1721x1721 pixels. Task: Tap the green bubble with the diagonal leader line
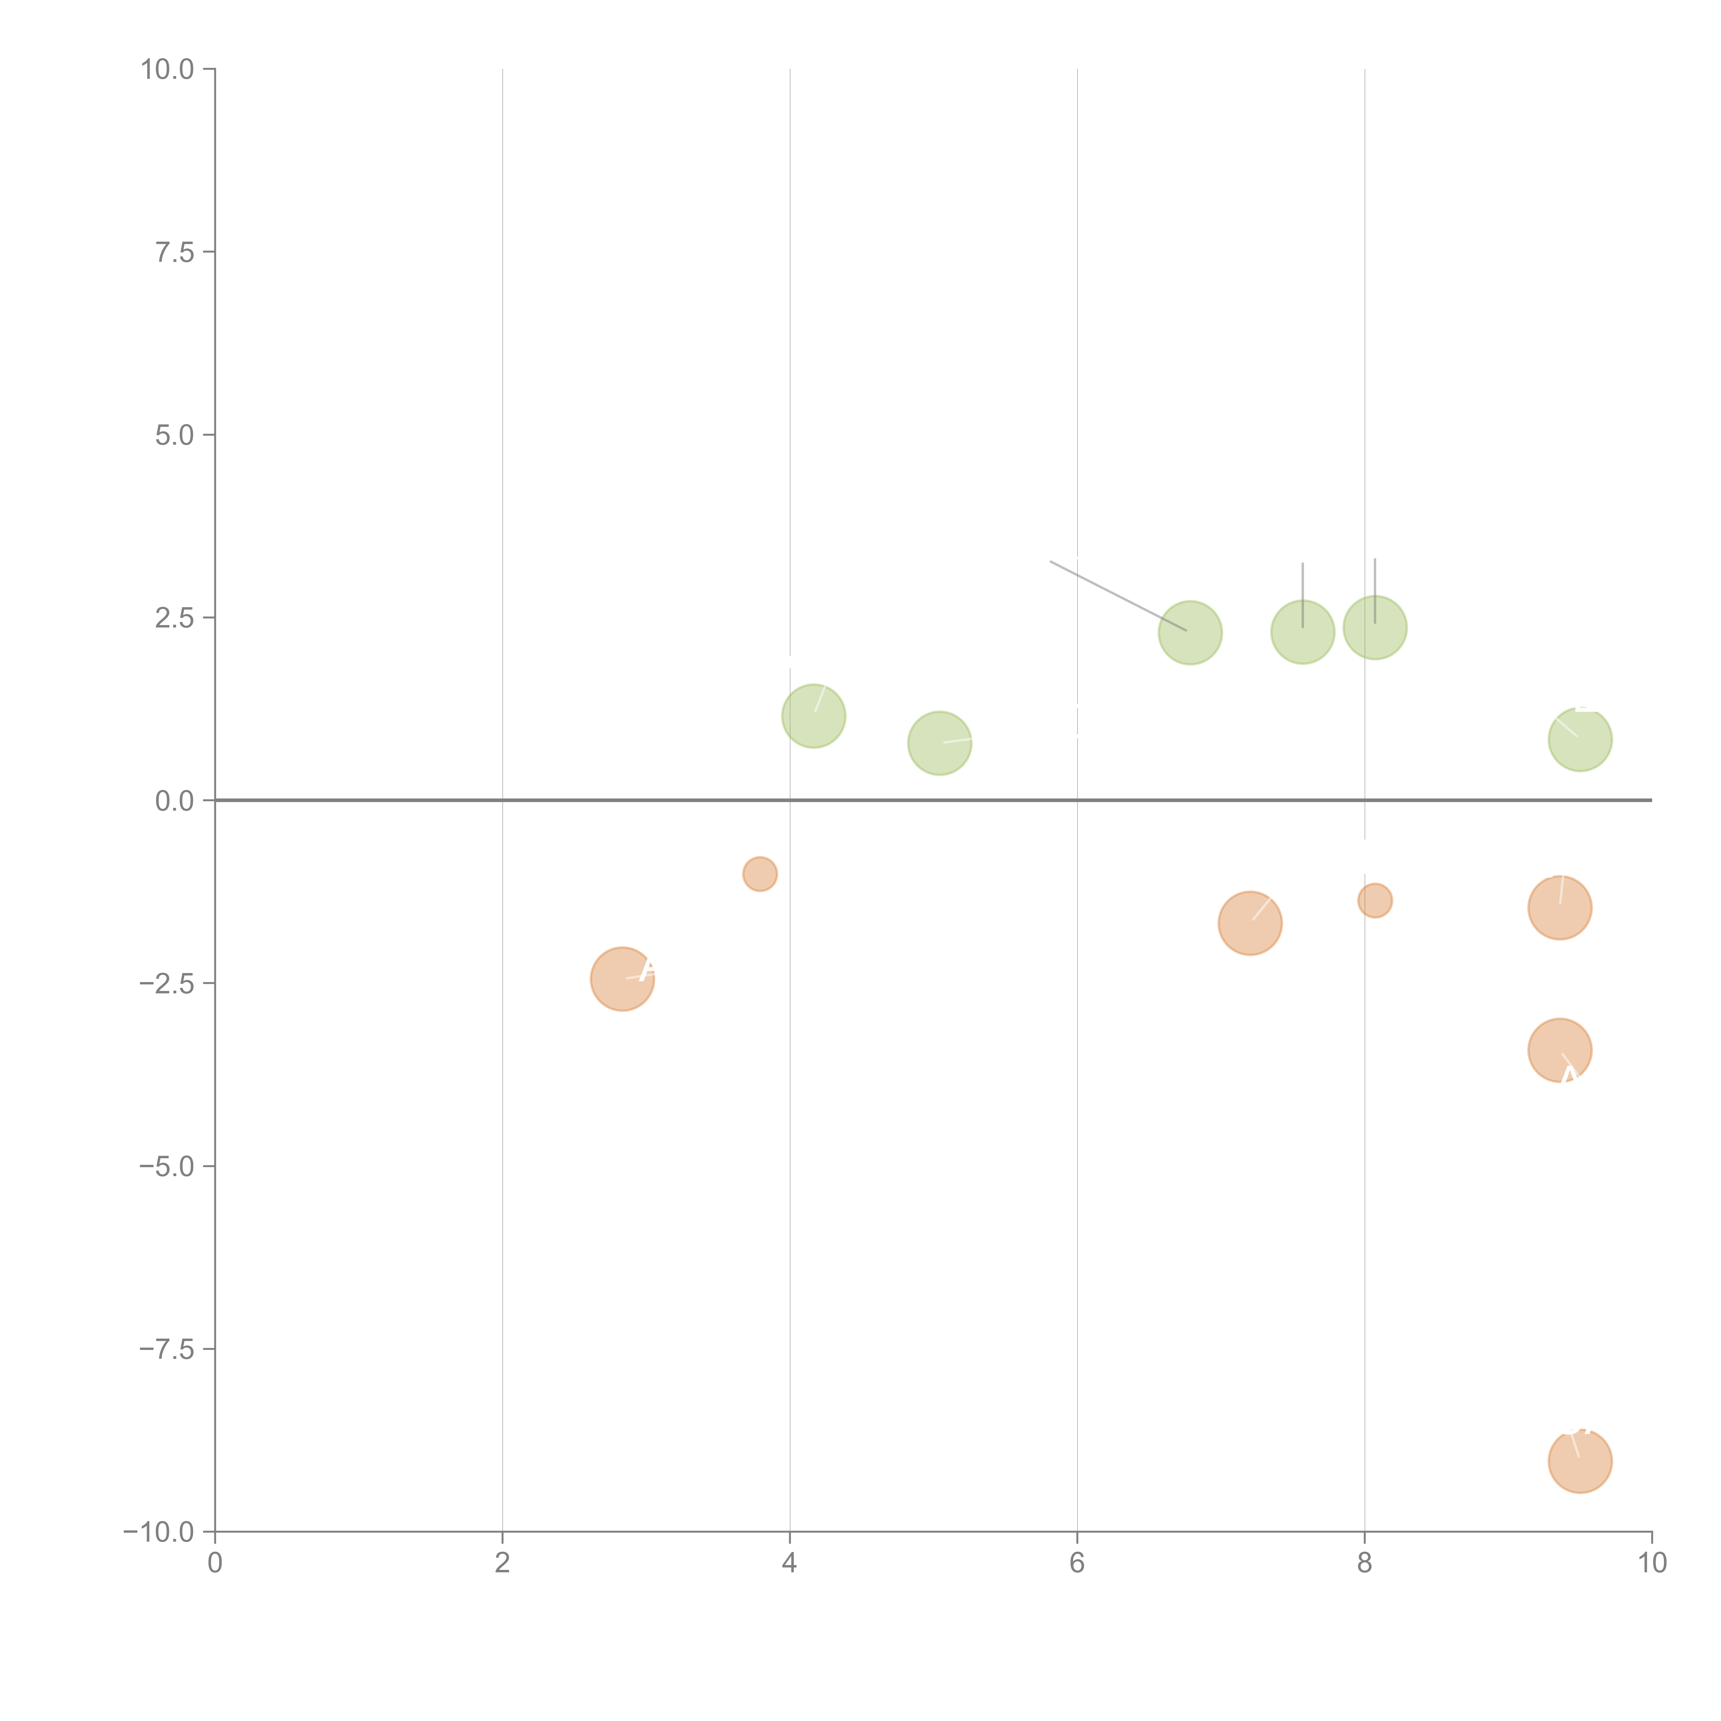1190,632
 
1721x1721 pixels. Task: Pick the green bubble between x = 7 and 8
1302,632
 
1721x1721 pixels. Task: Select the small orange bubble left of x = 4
760,874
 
